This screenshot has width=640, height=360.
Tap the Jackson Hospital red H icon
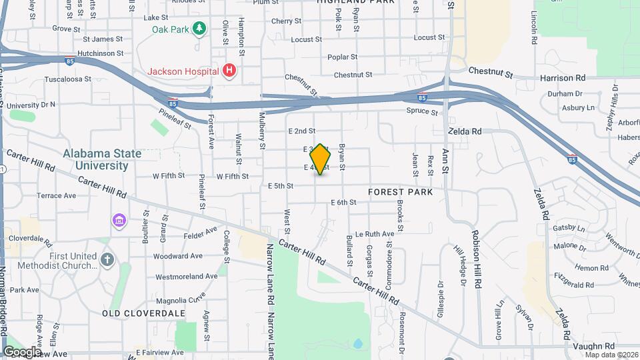pos(230,70)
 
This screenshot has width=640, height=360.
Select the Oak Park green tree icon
pos(198,28)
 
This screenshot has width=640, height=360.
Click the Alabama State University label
pos(102,159)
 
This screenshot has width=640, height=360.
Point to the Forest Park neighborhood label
pos(400,192)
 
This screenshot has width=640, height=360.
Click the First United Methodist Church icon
pos(108,259)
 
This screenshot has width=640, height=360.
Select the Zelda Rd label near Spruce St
pos(465,132)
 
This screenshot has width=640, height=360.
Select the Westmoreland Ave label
pos(186,276)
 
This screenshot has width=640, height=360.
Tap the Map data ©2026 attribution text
pos(611,354)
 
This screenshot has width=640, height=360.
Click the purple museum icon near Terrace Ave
pos(119,220)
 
